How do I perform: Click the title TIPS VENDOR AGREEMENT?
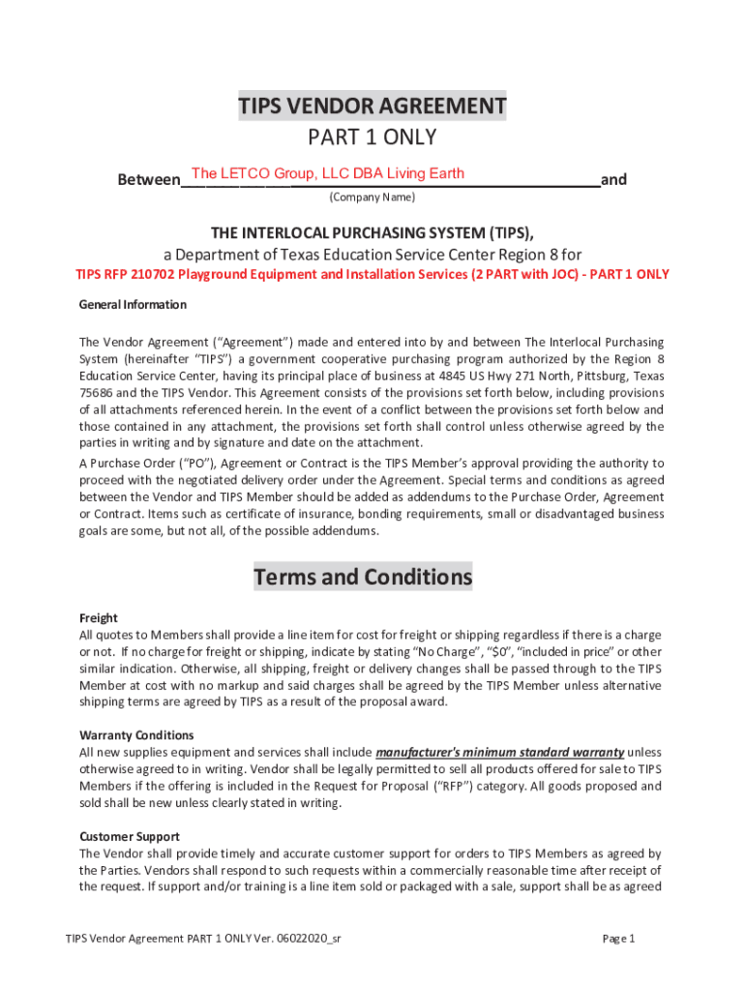[x=372, y=105]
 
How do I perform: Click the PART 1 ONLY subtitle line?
[x=372, y=137]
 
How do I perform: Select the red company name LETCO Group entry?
[x=328, y=174]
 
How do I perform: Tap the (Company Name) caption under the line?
[x=372, y=197]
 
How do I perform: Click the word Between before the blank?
[x=148, y=180]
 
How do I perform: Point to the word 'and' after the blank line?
[x=613, y=180]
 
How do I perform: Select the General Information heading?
[x=133, y=305]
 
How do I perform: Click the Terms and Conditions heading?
[x=363, y=578]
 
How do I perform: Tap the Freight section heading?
[x=98, y=617]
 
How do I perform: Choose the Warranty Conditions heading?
[x=136, y=736]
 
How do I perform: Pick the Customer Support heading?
[x=130, y=836]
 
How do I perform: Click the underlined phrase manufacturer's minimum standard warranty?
[x=499, y=752]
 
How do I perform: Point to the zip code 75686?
[x=97, y=393]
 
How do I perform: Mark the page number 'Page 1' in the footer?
[x=617, y=939]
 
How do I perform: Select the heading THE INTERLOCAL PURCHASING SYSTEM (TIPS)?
[x=372, y=233]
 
